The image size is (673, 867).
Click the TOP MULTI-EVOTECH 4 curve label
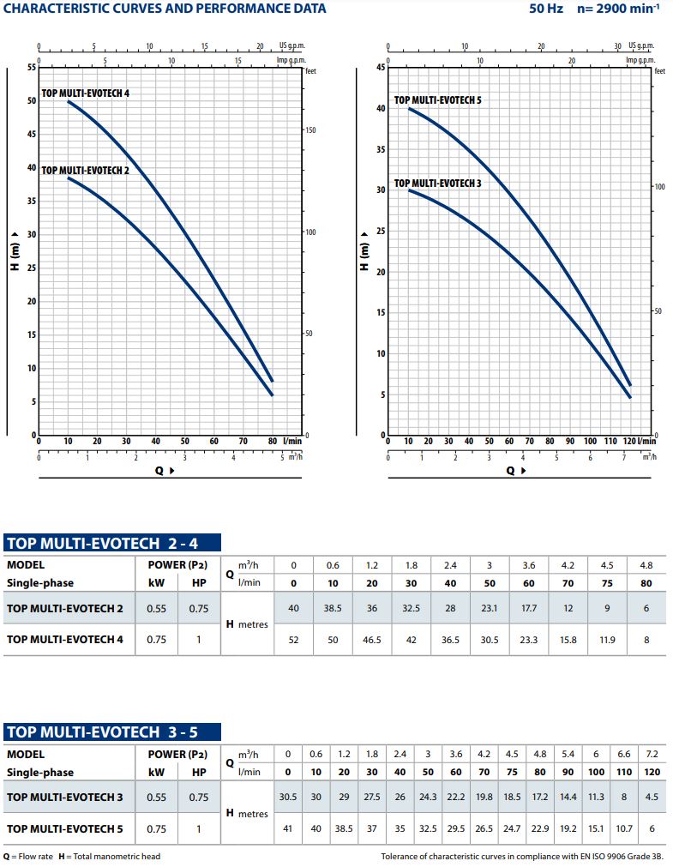(x=86, y=93)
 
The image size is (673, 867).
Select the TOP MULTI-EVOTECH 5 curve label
(x=437, y=100)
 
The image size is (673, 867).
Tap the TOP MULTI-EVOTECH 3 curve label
(x=437, y=184)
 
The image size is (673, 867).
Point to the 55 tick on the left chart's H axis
(x=32, y=67)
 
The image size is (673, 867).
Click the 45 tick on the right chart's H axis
(x=381, y=67)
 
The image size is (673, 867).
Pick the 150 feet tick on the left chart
(x=311, y=130)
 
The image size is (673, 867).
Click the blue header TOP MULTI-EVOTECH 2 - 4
(x=112, y=542)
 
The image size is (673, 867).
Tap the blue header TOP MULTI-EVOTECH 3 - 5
(x=112, y=732)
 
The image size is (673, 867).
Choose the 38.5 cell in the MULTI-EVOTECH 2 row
(x=333, y=610)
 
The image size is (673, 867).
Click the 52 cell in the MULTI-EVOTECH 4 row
(x=294, y=640)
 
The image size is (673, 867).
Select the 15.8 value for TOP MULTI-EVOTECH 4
(x=568, y=640)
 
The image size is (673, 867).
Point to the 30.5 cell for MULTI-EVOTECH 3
(x=287, y=798)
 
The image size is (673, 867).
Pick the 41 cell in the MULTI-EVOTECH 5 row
(x=287, y=828)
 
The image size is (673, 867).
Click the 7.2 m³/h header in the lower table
(x=652, y=754)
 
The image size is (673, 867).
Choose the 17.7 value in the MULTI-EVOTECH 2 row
(x=528, y=610)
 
